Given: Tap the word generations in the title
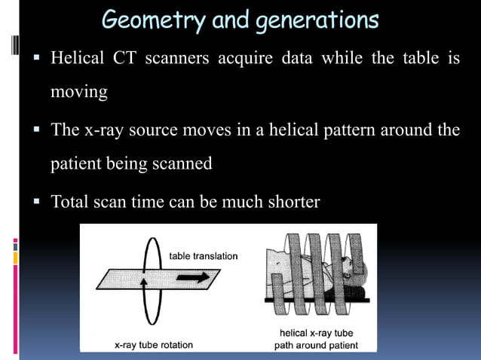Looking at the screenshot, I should click(x=316, y=20).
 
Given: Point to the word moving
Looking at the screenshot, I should click(x=78, y=93).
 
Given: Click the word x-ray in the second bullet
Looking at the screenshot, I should click(x=109, y=130).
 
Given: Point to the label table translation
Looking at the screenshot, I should click(x=204, y=256).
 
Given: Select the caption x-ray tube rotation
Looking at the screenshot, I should click(x=153, y=344).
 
